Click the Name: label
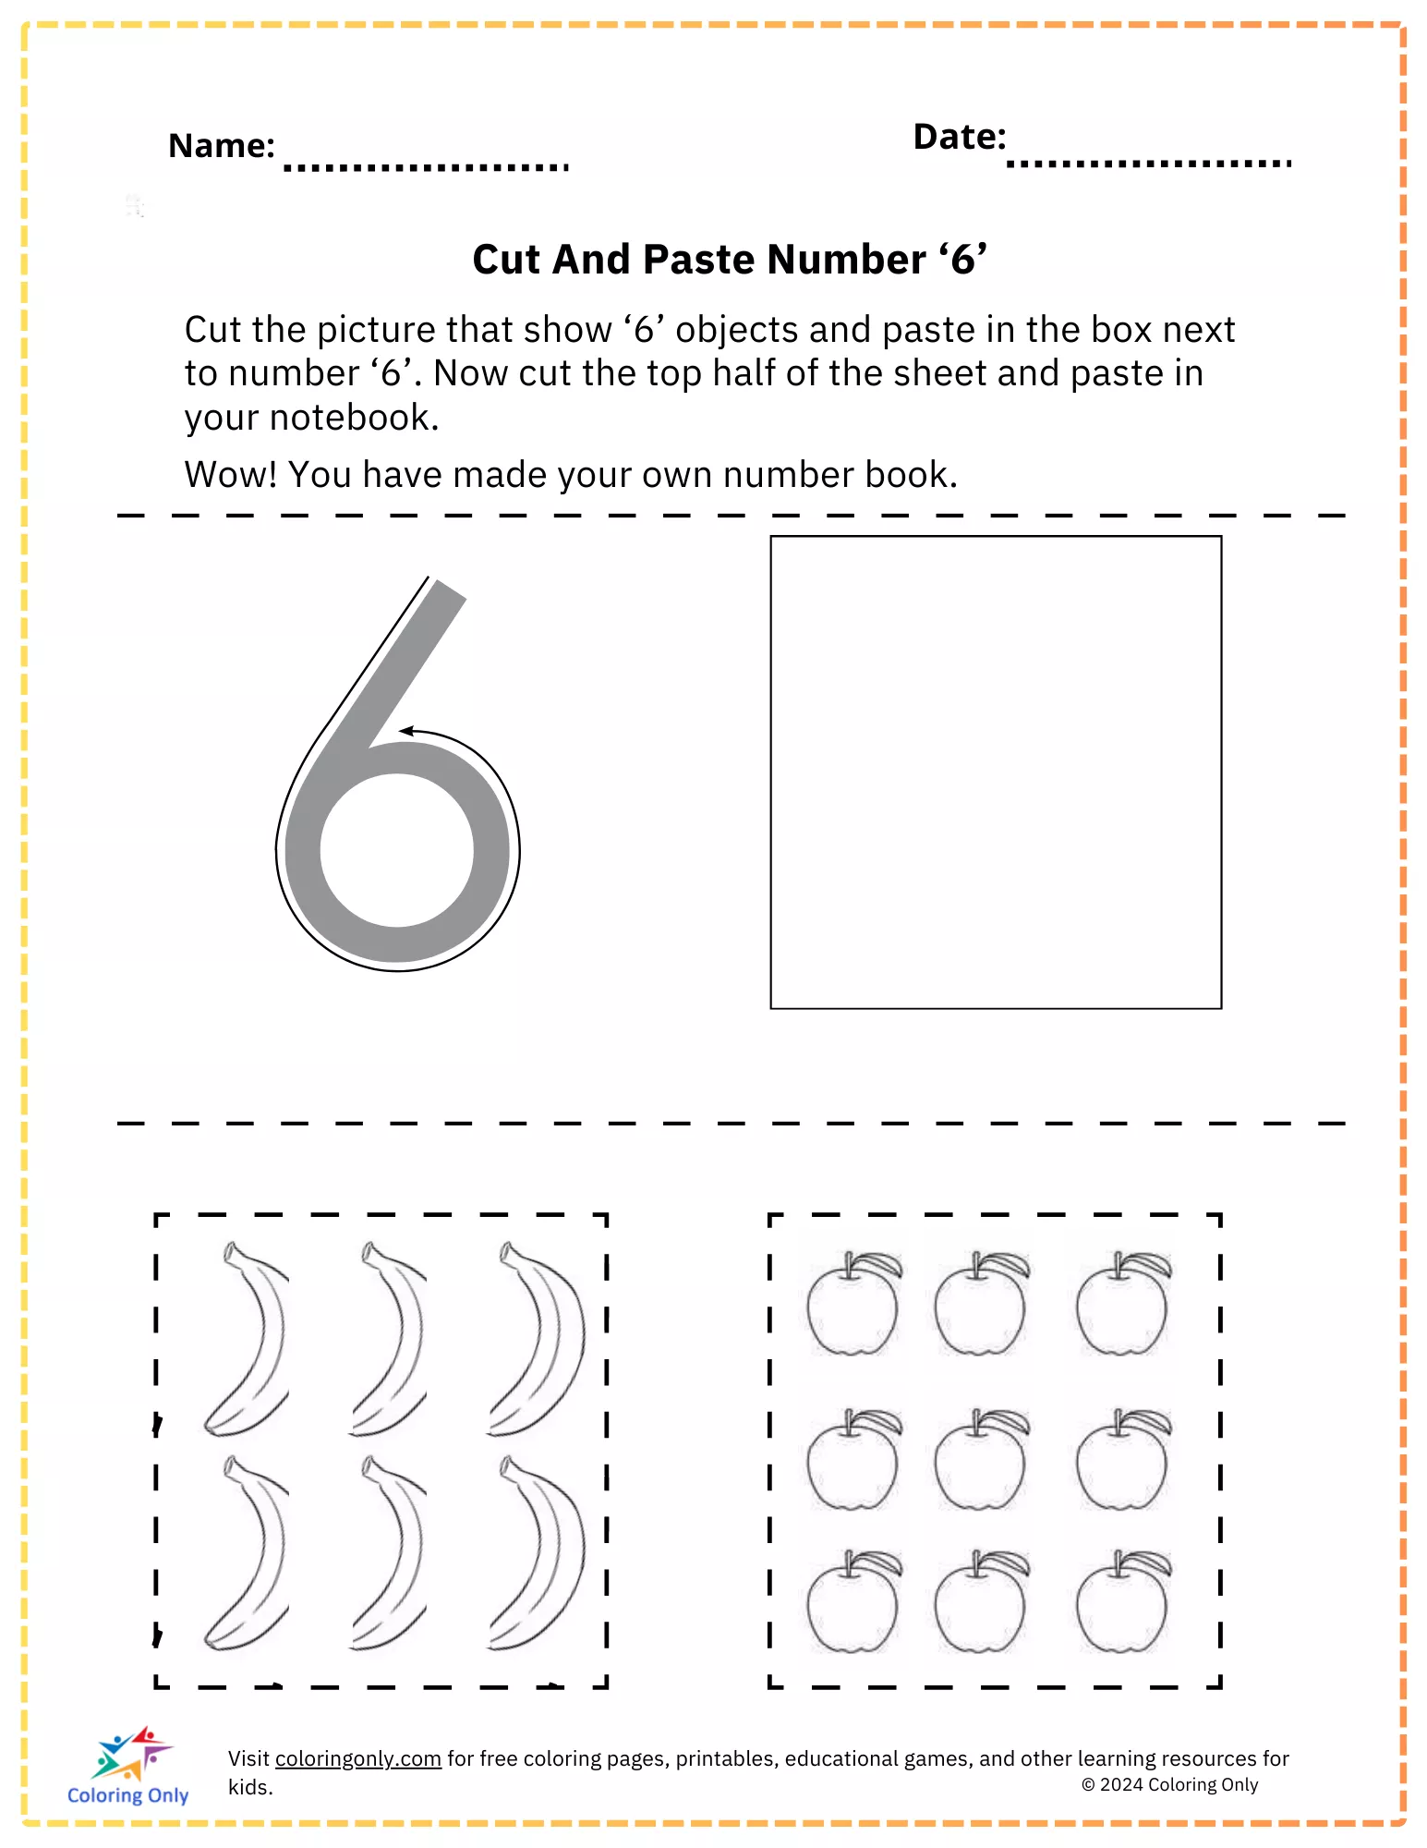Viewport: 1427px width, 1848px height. [222, 146]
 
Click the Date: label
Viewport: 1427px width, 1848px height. [960, 137]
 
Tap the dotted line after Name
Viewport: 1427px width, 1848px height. [426, 167]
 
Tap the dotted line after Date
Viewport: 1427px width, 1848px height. [1149, 164]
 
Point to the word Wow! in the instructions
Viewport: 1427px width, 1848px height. [231, 475]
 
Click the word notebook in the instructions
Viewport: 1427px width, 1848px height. [354, 419]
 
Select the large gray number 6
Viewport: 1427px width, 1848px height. [398, 776]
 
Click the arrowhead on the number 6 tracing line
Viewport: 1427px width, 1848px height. [406, 732]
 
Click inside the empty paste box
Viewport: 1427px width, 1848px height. [996, 772]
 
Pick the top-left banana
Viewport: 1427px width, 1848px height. [246, 1339]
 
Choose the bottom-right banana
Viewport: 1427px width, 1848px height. [538, 1552]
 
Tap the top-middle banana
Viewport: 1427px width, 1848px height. [389, 1339]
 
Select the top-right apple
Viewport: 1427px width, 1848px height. [1124, 1304]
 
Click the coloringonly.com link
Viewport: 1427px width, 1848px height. [358, 1758]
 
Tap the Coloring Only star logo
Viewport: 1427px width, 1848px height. [132, 1753]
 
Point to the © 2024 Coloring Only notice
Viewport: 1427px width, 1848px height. [1170, 1784]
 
